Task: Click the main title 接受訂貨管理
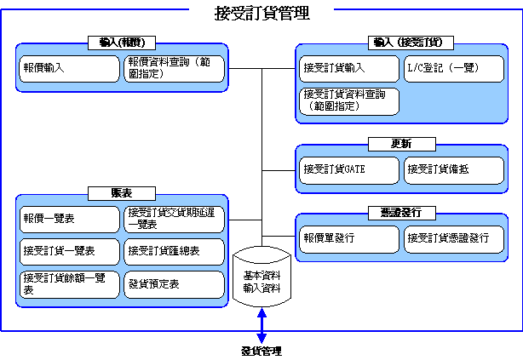pyautogui.click(x=262, y=14)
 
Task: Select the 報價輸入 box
pyautogui.click(x=69, y=69)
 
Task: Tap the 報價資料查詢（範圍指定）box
pyautogui.click(x=174, y=69)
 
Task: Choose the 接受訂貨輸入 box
pyautogui.click(x=349, y=69)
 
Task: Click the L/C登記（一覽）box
pyautogui.click(x=454, y=69)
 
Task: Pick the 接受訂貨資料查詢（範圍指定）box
pyautogui.click(x=349, y=101)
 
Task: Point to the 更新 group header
pyautogui.click(x=402, y=144)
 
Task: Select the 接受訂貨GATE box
pyautogui.click(x=349, y=170)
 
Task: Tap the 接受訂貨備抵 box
pyautogui.click(x=454, y=170)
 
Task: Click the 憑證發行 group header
pyautogui.click(x=402, y=213)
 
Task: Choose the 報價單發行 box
pyautogui.click(x=349, y=239)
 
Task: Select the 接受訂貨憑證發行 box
pyautogui.click(x=454, y=239)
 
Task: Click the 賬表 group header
pyautogui.click(x=122, y=193)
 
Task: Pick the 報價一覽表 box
pyautogui.click(x=69, y=220)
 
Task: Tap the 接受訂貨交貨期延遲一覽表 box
pyautogui.click(x=174, y=220)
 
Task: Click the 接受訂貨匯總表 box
pyautogui.click(x=174, y=252)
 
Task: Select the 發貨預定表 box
pyautogui.click(x=174, y=284)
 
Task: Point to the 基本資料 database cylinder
pyautogui.click(x=261, y=277)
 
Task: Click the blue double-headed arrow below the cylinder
pyautogui.click(x=261, y=326)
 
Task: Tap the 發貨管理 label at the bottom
pyautogui.click(x=261, y=351)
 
